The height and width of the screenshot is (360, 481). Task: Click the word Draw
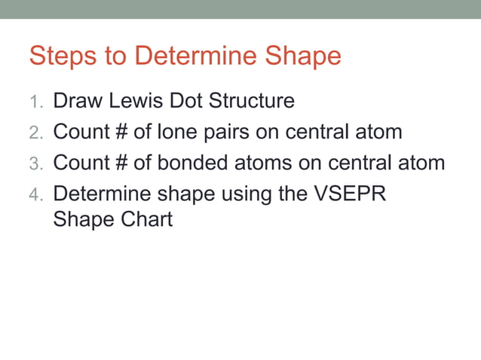pos(78,101)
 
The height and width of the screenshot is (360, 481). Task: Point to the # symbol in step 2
pos(119,132)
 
